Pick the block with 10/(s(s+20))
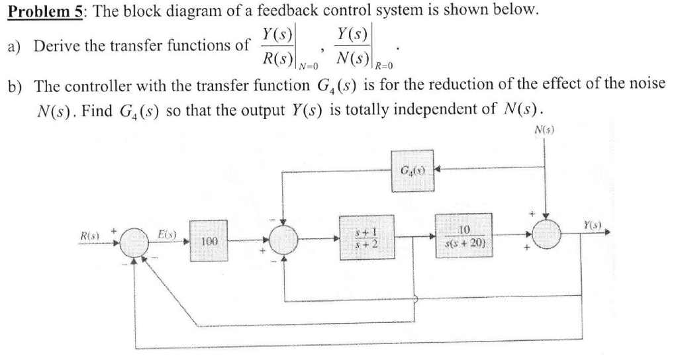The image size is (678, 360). point(463,236)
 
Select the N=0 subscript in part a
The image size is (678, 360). point(309,66)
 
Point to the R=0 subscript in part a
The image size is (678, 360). point(384,66)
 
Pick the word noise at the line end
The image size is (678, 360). point(645,86)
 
